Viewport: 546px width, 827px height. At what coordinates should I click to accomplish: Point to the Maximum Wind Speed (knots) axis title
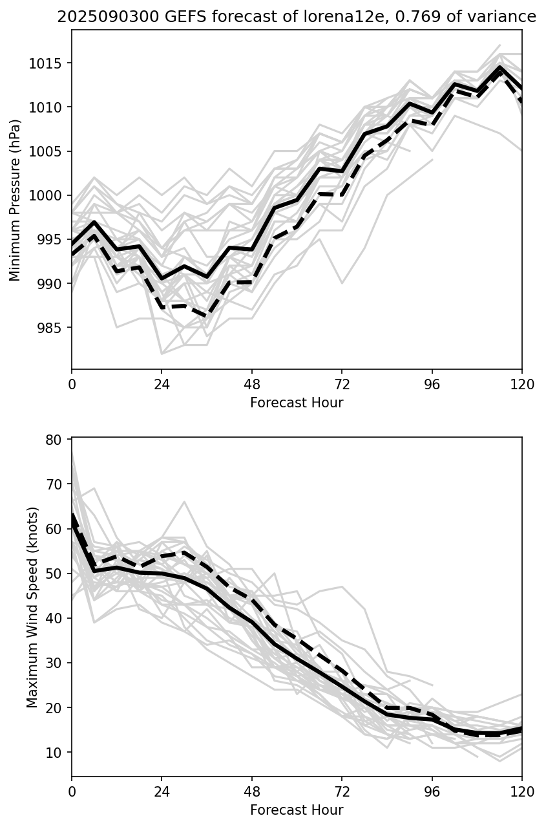tap(32, 607)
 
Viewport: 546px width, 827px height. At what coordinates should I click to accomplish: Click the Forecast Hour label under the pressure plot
tap(297, 403)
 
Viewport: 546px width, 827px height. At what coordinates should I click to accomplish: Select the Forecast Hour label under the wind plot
tap(297, 810)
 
